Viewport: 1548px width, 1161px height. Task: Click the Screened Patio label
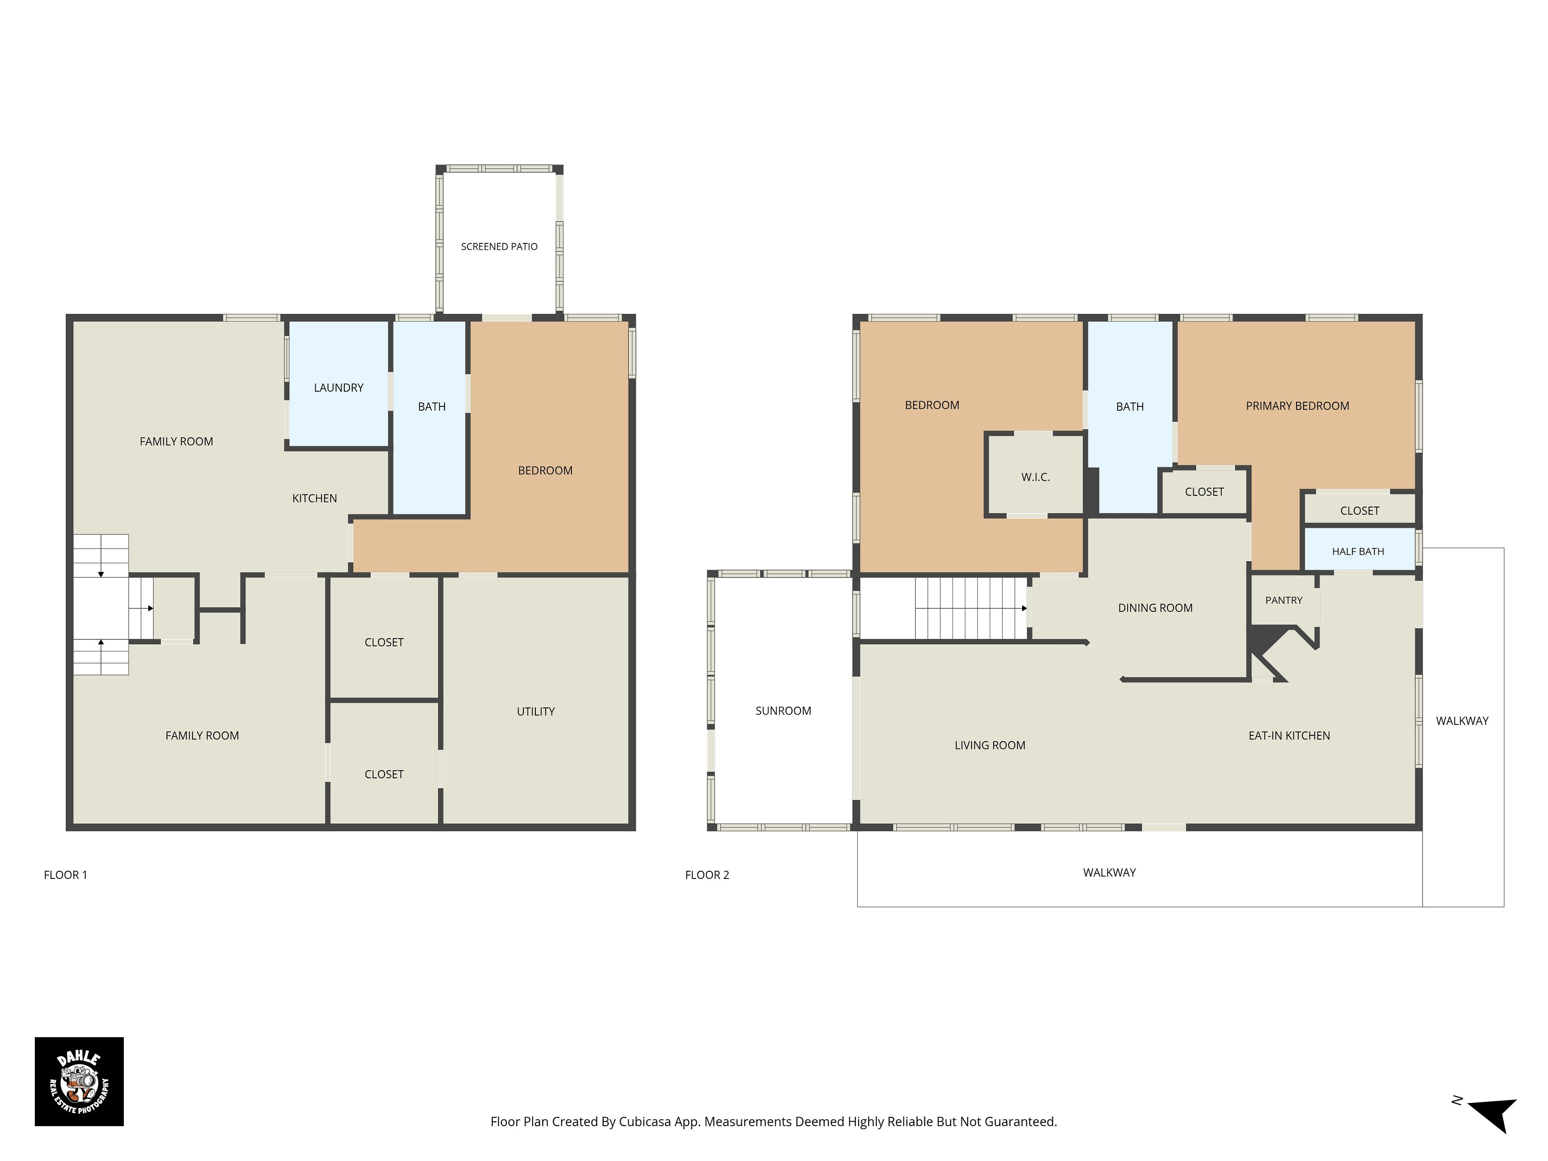pyautogui.click(x=499, y=246)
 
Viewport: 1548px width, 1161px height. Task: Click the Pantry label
pyautogui.click(x=1284, y=600)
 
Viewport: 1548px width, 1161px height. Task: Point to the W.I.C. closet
pyautogui.click(x=1035, y=475)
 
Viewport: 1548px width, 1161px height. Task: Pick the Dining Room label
pyautogui.click(x=1155, y=608)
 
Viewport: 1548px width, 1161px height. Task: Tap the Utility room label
pyautogui.click(x=535, y=712)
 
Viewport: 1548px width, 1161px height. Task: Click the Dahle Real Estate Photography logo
pyautogui.click(x=79, y=1081)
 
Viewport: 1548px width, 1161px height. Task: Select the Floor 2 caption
pyautogui.click(x=707, y=875)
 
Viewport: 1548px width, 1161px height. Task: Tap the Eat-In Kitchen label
pyautogui.click(x=1289, y=735)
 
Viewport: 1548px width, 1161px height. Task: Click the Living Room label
pyautogui.click(x=989, y=745)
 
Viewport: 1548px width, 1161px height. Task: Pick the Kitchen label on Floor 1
pyautogui.click(x=314, y=498)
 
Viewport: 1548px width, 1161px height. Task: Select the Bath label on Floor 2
pyautogui.click(x=1130, y=407)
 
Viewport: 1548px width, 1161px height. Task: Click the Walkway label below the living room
pyautogui.click(x=1109, y=872)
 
